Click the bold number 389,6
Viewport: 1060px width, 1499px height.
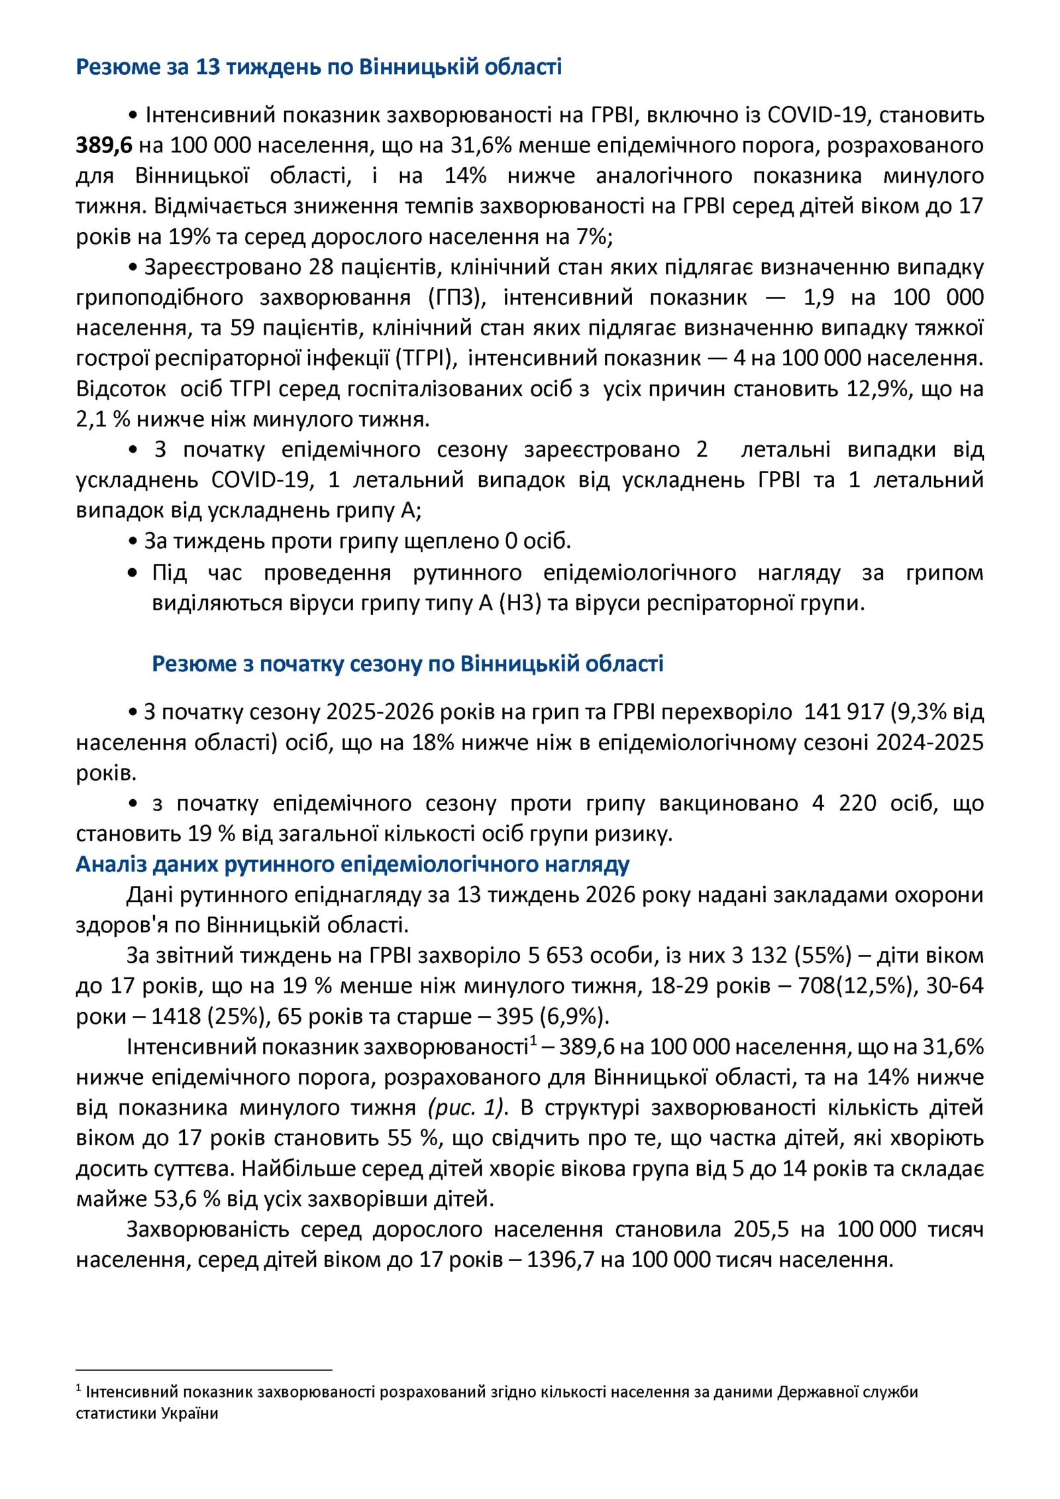point(105,145)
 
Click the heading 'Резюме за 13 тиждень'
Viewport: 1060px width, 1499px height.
point(318,67)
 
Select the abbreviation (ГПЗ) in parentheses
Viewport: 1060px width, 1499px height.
point(457,298)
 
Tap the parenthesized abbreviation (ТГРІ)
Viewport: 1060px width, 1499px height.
point(427,359)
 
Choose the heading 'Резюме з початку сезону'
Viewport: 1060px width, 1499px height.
point(407,663)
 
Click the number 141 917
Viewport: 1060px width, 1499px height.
point(844,712)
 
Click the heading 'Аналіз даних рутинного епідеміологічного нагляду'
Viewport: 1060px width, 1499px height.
point(352,864)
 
